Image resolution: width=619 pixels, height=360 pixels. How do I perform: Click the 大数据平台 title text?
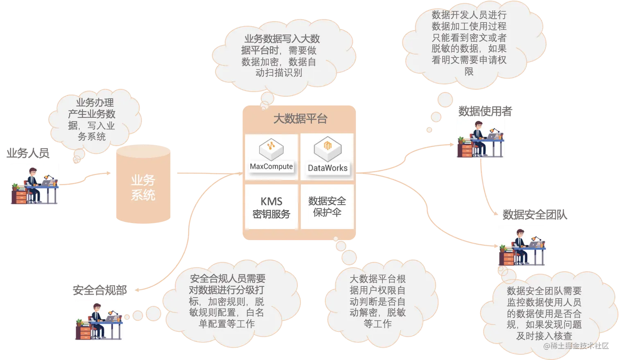click(x=300, y=119)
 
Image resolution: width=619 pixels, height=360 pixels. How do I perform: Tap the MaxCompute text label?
click(x=271, y=166)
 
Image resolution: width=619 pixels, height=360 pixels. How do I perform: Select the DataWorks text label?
click(x=328, y=168)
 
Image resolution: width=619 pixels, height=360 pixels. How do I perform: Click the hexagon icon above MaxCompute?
click(x=271, y=148)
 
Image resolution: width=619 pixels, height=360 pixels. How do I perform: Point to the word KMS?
click(x=271, y=201)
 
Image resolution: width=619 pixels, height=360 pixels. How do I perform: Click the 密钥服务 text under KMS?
click(x=271, y=214)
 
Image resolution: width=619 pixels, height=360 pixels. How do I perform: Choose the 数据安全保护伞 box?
click(x=327, y=207)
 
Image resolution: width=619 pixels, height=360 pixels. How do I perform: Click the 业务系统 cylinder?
click(x=143, y=186)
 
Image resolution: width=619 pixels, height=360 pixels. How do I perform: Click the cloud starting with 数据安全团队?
click(x=544, y=313)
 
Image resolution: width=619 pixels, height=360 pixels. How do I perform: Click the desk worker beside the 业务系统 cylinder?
click(x=36, y=183)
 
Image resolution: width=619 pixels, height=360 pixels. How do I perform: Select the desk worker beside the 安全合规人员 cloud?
click(x=98, y=321)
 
